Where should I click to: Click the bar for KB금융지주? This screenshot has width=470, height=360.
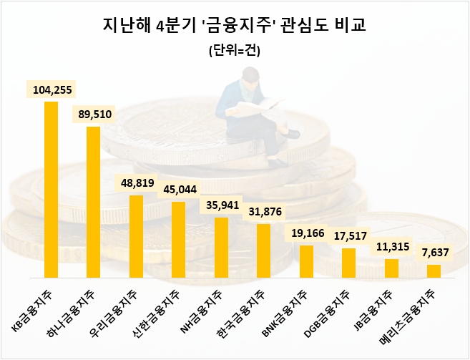pos(51,189)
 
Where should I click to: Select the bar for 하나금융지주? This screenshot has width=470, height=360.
pos(93,202)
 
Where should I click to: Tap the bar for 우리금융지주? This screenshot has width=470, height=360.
pos(136,236)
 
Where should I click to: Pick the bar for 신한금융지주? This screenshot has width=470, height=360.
pos(178,239)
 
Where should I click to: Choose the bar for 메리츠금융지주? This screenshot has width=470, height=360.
pos(434,271)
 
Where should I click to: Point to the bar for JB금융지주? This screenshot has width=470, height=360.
pos(391,268)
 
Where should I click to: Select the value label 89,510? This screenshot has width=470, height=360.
pos(93,114)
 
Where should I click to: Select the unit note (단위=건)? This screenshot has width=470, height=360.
pos(235,51)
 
